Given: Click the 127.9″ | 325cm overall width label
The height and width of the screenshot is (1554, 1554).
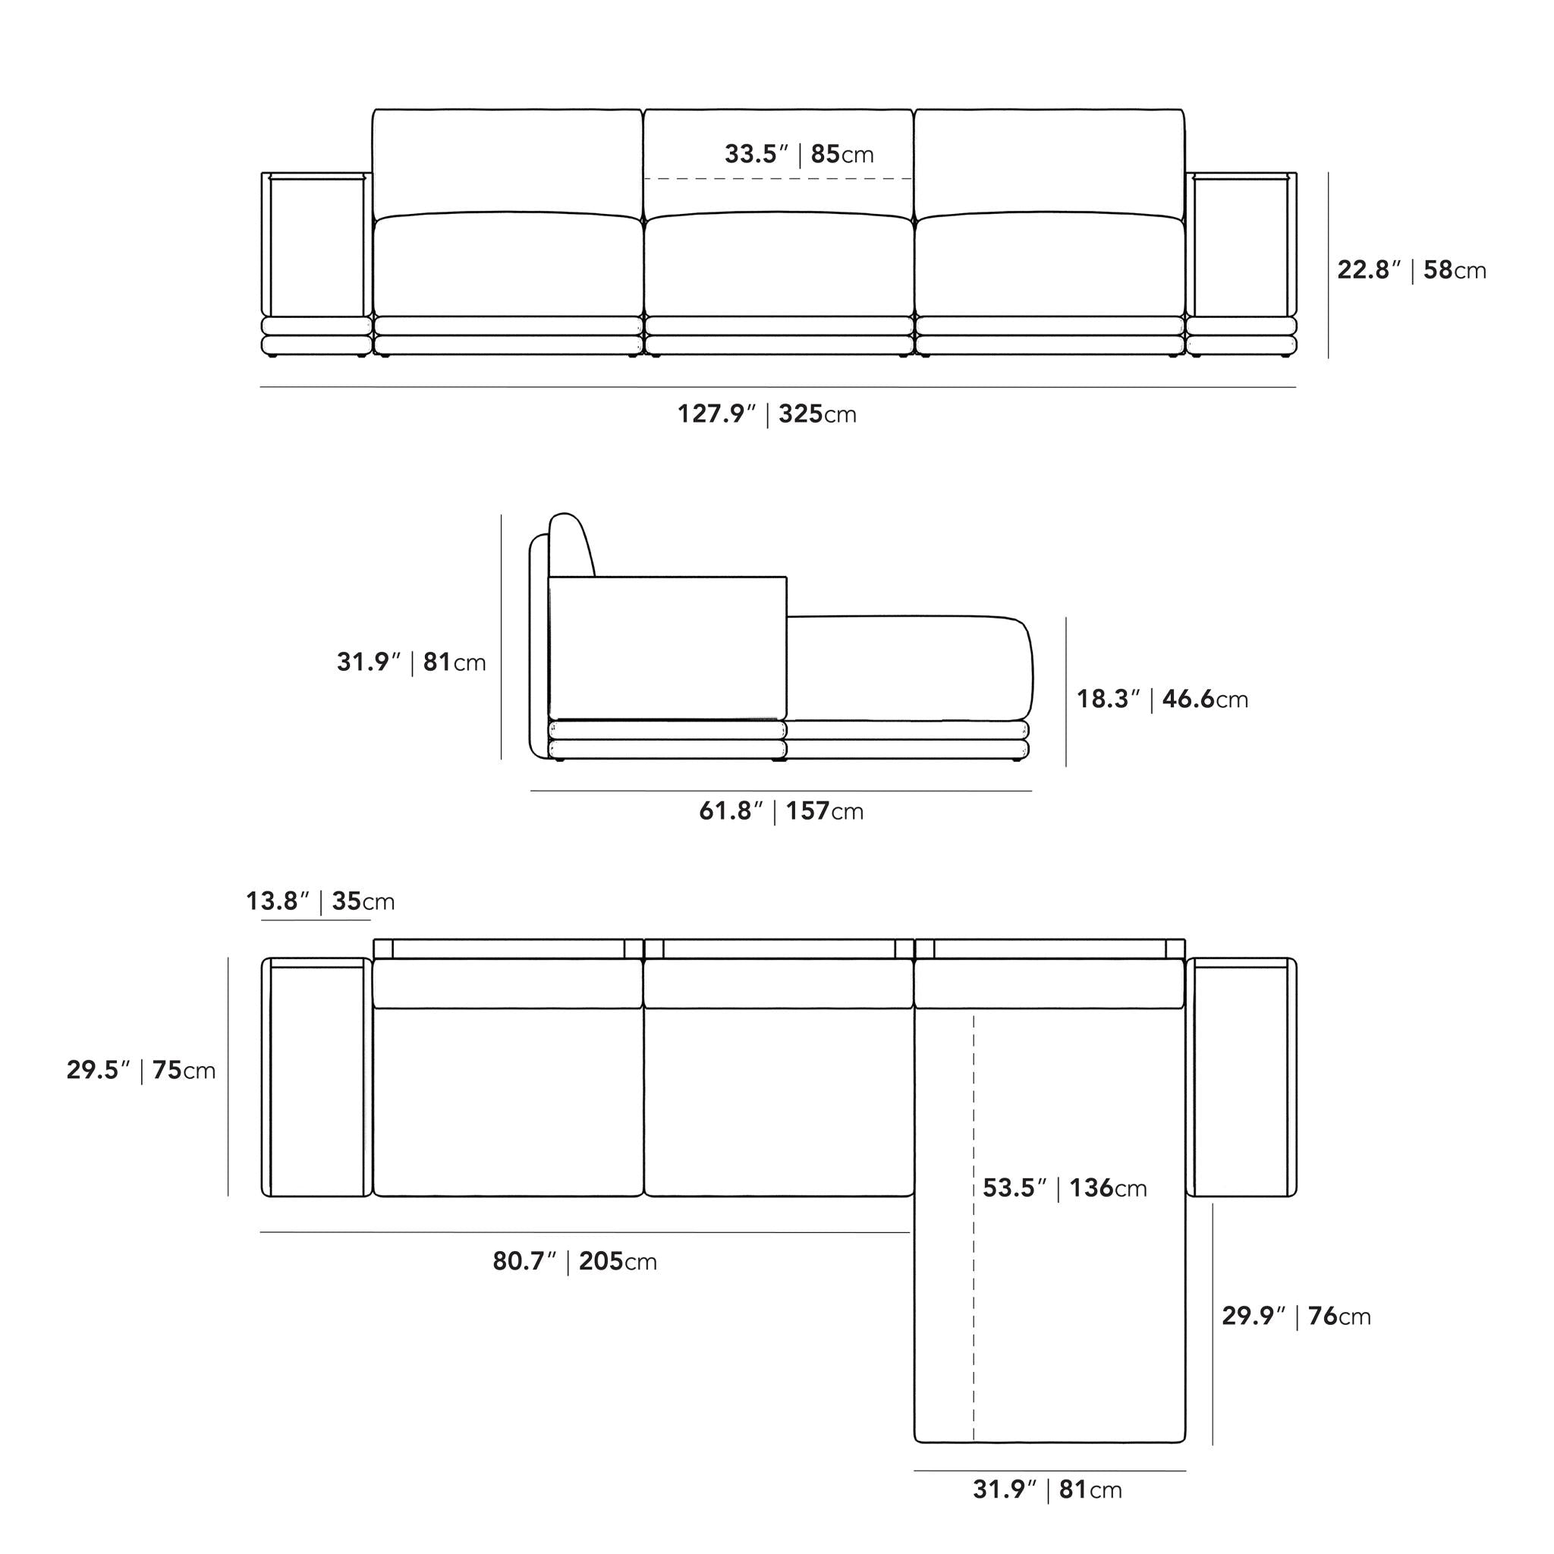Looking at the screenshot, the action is tap(766, 414).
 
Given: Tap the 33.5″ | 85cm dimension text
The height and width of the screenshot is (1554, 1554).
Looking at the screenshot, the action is tap(799, 153).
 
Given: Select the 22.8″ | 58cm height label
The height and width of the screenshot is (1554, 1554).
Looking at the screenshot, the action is tap(1411, 269).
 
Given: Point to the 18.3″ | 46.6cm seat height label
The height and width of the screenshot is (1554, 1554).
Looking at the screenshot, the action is tap(1162, 699).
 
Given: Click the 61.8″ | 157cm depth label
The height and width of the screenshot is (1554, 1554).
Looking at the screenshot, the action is tap(781, 811).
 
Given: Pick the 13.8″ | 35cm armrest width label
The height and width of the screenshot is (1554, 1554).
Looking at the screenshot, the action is tap(320, 901).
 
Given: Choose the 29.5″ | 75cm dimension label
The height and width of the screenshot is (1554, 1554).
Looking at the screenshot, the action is tap(141, 1070).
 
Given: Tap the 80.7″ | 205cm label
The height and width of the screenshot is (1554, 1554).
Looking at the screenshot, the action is tap(574, 1261).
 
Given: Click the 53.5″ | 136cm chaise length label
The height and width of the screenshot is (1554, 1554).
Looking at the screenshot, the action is tap(1065, 1188).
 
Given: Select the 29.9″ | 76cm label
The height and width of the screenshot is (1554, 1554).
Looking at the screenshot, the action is tap(1297, 1316).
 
